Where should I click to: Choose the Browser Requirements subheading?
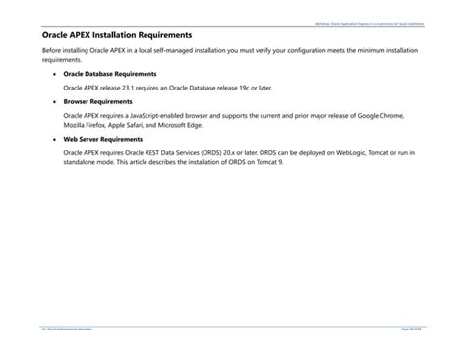[98, 101]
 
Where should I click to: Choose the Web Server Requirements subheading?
[104, 139]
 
